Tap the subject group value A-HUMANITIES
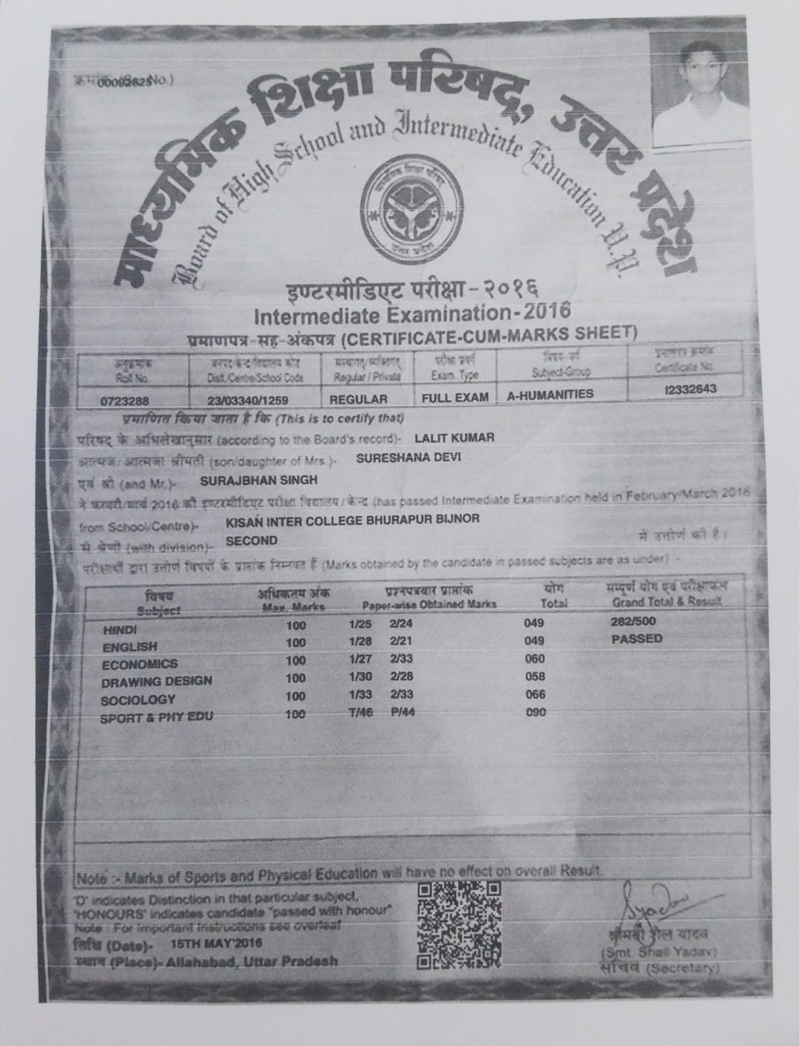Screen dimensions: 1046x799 (550, 395)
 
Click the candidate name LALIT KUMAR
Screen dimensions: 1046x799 (455, 438)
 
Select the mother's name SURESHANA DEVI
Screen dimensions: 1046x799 (408, 457)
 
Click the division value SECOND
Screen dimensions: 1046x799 (252, 540)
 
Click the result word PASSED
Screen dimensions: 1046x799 (637, 639)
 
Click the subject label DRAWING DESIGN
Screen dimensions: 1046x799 (157, 681)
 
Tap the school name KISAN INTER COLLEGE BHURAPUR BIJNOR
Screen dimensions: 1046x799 (352, 519)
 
